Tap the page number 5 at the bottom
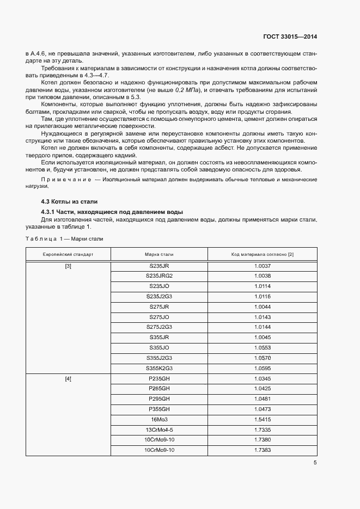click(x=315, y=463)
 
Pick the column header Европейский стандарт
click(x=68, y=254)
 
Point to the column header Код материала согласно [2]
click(x=262, y=254)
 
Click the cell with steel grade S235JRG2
click(x=159, y=275)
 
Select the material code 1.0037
click(x=262, y=266)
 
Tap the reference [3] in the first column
click(x=68, y=266)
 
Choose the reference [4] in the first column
click(x=68, y=378)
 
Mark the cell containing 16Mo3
click(x=159, y=419)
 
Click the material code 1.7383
click(x=262, y=450)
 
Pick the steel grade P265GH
click(x=159, y=388)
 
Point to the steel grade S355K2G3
click(x=159, y=367)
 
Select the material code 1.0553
click(x=262, y=347)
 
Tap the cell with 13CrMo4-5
click(x=159, y=430)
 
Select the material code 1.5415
click(x=262, y=419)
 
